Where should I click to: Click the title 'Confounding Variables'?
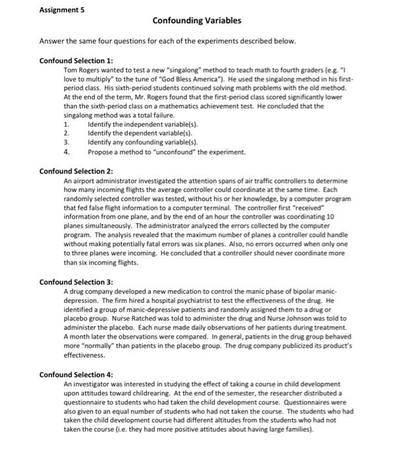(196, 21)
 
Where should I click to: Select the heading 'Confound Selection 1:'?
(76, 60)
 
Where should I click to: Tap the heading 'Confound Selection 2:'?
(76, 171)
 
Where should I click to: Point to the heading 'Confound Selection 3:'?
(76, 282)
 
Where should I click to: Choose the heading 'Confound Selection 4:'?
(76, 374)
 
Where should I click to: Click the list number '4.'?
(66, 152)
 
